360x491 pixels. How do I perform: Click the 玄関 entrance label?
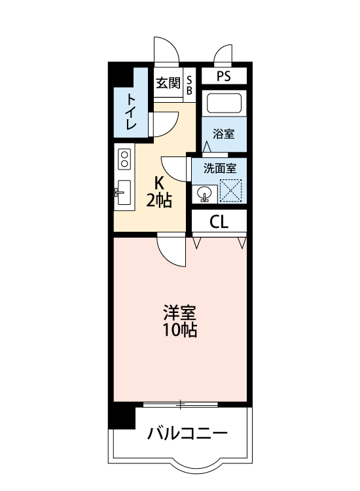[168, 83]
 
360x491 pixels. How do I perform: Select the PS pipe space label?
[224, 76]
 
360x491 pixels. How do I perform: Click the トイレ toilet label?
[132, 111]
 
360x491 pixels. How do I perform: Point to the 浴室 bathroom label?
[224, 134]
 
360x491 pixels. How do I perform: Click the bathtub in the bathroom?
[224, 103]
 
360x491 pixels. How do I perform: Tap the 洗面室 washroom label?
[219, 168]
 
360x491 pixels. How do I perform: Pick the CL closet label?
[219, 222]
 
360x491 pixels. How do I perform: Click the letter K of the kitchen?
[159, 183]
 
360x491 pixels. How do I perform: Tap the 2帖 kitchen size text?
[159, 200]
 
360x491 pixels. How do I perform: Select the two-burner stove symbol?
[124, 159]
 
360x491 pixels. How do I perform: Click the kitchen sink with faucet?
[124, 192]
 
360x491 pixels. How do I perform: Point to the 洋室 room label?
[180, 312]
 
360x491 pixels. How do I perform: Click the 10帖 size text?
[180, 330]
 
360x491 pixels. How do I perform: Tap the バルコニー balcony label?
[187, 433]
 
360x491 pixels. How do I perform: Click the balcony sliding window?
[180, 404]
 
